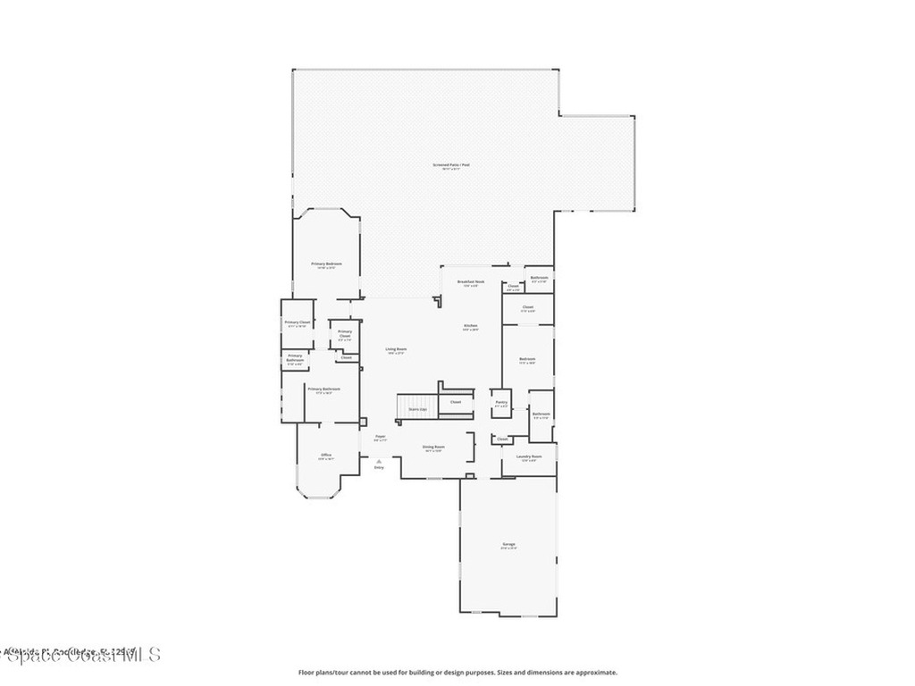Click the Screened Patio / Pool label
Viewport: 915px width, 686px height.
pyautogui.click(x=451, y=165)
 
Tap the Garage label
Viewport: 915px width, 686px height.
pyautogui.click(x=508, y=545)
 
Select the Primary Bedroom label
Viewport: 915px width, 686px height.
pyautogui.click(x=326, y=264)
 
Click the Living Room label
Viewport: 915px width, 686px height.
pyautogui.click(x=396, y=350)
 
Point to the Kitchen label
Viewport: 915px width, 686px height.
pyautogui.click(x=470, y=326)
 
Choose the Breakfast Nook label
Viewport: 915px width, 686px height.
pyautogui.click(x=470, y=282)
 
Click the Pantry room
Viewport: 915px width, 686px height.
pyautogui.click(x=500, y=404)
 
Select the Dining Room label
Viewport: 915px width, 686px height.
pyautogui.click(x=433, y=448)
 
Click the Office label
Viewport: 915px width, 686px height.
pyautogui.click(x=326, y=456)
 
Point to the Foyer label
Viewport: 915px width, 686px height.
pyautogui.click(x=380, y=438)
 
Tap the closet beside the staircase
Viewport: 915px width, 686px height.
pyautogui.click(x=456, y=402)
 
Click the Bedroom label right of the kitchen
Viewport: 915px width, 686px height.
pyautogui.click(x=527, y=361)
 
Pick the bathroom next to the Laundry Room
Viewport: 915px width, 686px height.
pyautogui.click(x=541, y=415)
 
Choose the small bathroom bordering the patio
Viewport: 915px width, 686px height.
pyautogui.click(x=539, y=279)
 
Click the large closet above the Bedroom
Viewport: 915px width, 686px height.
pyautogui.click(x=528, y=308)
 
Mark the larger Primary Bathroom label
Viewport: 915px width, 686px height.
pyautogui.click(x=323, y=389)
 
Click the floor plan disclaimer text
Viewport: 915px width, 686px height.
pyautogui.click(x=457, y=673)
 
